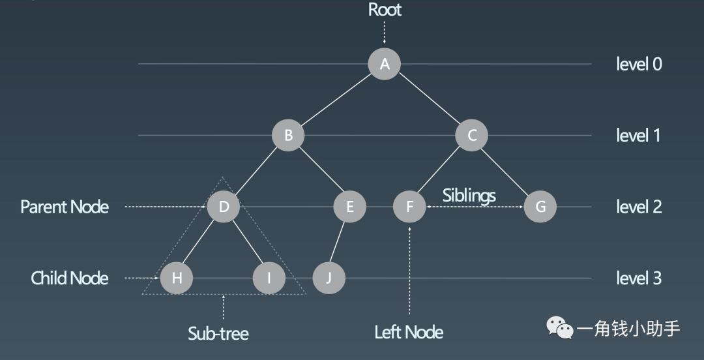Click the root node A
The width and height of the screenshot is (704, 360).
(x=384, y=63)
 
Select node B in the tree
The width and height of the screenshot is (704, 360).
(x=288, y=136)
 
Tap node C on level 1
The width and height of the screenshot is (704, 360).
(x=473, y=136)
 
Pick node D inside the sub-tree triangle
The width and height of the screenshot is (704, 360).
(x=224, y=207)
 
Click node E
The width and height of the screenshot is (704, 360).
(x=349, y=207)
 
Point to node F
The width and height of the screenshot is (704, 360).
(x=409, y=207)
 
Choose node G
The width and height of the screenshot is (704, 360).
(x=540, y=207)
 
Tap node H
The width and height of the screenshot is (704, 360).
(x=177, y=278)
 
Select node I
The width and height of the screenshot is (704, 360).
(x=269, y=278)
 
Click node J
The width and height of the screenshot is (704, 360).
(x=329, y=278)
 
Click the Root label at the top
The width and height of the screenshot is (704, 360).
(x=385, y=10)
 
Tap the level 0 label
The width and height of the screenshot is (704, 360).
(x=639, y=64)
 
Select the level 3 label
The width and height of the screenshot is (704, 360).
(x=639, y=278)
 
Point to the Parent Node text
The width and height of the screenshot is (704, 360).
(x=65, y=207)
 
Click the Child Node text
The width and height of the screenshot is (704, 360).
(x=70, y=278)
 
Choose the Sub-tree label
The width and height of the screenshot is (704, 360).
(x=218, y=334)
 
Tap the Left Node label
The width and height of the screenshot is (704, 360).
(x=409, y=332)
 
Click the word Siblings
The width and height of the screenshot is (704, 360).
(x=469, y=195)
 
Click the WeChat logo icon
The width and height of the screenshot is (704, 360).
(x=560, y=327)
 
